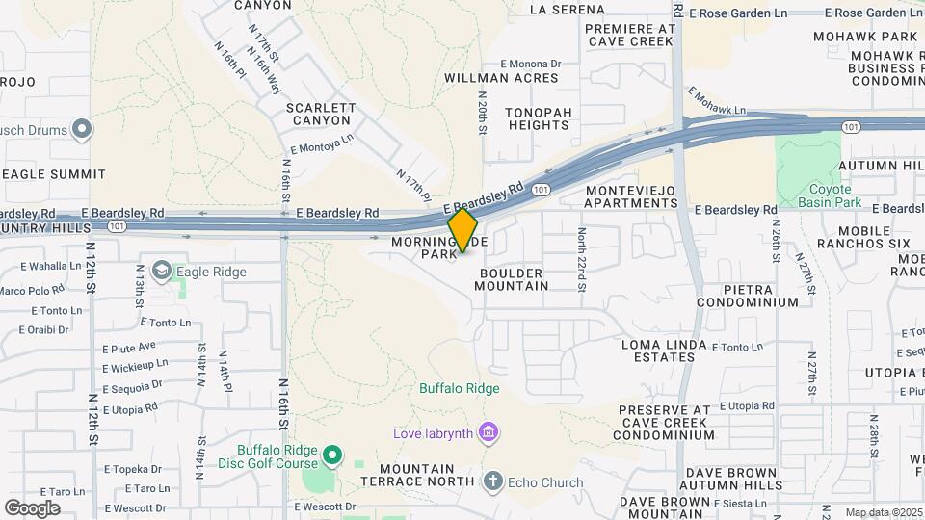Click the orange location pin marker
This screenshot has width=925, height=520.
pos(463,230)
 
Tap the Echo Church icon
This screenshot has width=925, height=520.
pos(493,481)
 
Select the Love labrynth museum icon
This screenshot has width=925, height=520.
pos(489,432)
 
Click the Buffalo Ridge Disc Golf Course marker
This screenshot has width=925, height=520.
pos(332,454)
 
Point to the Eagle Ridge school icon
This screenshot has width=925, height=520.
pos(161,272)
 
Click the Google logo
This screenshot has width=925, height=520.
pos(32,507)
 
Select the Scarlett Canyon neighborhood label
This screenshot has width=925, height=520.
pos(321,115)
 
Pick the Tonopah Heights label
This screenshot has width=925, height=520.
pos(525,118)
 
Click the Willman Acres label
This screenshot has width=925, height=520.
pos(501,78)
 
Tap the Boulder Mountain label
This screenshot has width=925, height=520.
pos(513,279)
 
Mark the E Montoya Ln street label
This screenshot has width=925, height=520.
pos(322,144)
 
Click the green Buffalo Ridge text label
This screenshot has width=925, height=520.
pos(459,389)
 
